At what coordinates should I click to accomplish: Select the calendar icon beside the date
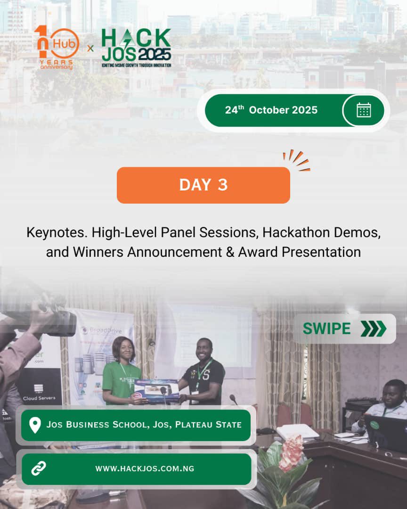pos(363,110)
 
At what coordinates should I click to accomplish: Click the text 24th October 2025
pos(271,110)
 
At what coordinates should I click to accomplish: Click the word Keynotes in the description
pos(57,232)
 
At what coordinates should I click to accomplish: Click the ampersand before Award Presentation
pos(229,252)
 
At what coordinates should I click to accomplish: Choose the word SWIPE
pos(326,328)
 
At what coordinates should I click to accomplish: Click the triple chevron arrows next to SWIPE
pos(373,328)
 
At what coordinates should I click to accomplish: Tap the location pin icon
pos(35,425)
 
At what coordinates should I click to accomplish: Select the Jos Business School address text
pos(144,425)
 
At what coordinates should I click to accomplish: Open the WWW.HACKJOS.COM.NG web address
pos(145,468)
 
